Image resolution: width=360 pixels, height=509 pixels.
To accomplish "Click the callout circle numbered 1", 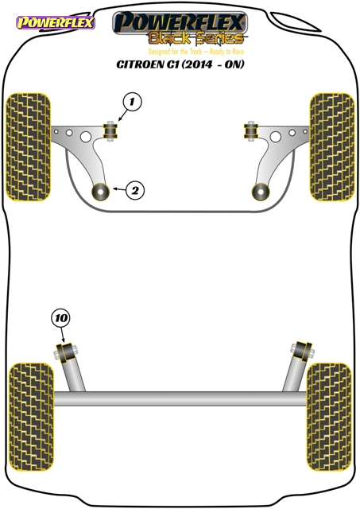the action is pyautogui.click(x=132, y=102).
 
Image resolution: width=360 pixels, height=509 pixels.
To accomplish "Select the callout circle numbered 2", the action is pyautogui.click(x=135, y=190).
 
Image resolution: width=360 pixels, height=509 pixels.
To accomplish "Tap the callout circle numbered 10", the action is pyautogui.click(x=60, y=318).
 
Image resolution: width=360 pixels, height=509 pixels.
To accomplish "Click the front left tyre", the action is pyautogui.click(x=29, y=146).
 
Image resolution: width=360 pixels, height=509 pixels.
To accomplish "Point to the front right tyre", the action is pyautogui.click(x=331, y=146).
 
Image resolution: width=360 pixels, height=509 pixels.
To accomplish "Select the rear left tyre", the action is pyautogui.click(x=31, y=417).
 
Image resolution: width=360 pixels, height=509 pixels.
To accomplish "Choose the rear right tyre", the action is pyautogui.click(x=329, y=417).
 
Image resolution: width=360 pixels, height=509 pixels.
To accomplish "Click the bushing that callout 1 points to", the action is pyautogui.click(x=111, y=130).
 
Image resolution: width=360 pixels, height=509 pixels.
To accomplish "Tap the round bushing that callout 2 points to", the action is pyautogui.click(x=101, y=192).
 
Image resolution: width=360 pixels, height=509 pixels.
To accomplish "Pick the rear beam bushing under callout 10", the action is pyautogui.click(x=67, y=353).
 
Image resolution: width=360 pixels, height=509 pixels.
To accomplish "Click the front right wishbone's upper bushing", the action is pyautogui.click(x=250, y=130).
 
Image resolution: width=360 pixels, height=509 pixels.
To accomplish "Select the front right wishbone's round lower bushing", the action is pyautogui.click(x=261, y=192).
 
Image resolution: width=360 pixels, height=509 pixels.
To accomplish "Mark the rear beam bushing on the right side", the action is pyautogui.click(x=302, y=352).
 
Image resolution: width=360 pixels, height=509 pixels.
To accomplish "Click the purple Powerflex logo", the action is pyautogui.click(x=56, y=22).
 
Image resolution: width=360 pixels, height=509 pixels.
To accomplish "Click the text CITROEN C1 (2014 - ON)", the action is pyautogui.click(x=180, y=64).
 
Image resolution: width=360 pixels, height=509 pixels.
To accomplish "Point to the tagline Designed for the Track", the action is pyautogui.click(x=175, y=52).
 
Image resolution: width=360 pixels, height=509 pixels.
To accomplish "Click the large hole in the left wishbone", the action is pyautogui.click(x=86, y=137).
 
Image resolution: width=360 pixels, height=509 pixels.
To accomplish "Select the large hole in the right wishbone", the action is pyautogui.click(x=275, y=137).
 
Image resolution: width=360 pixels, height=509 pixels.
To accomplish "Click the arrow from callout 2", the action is pyautogui.click(x=119, y=189).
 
